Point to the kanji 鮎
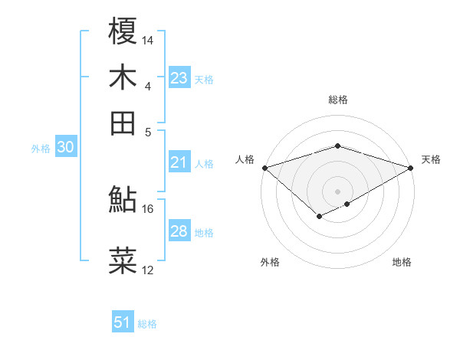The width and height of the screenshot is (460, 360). tap(123, 198)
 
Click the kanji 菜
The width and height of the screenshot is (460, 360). tap(123, 261)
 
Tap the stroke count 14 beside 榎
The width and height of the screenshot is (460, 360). tap(149, 39)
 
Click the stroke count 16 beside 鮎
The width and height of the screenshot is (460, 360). tap(148, 208)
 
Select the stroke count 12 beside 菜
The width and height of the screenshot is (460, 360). tap(148, 270)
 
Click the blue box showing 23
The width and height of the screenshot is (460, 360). tap(179, 78)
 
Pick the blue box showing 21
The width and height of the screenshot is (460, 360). tap(179, 162)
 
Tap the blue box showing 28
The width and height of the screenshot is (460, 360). tap(179, 231)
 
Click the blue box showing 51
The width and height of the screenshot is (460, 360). tap(123, 322)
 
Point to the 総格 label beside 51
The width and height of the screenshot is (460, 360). tap(147, 324)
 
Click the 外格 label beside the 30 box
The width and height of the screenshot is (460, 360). tap(40, 149)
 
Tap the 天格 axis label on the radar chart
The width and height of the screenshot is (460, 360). tap(432, 159)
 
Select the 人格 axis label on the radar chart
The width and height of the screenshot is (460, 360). tap(245, 159)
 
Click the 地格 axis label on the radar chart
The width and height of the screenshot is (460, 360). tap(402, 262)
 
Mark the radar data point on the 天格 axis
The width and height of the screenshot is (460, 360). tap(412, 167)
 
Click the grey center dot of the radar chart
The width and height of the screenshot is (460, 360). tap(338, 191)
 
